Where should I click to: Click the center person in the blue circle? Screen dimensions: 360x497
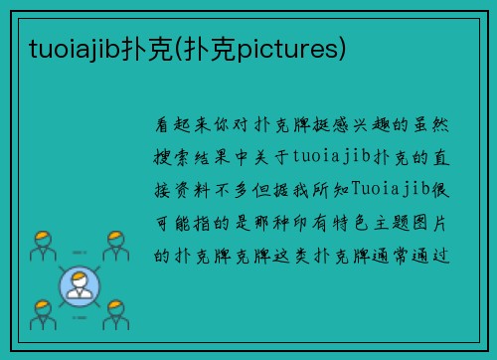[80, 286]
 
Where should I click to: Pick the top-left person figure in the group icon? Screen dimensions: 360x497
[42, 245]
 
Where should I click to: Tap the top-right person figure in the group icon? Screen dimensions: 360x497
[115, 245]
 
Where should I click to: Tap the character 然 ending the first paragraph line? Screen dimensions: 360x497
[442, 125]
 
